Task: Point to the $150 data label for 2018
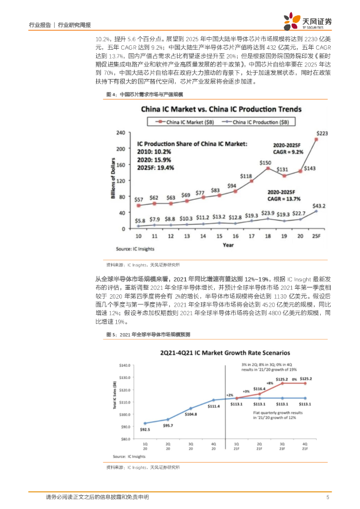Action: coord(266,163)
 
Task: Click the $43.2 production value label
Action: coord(318,205)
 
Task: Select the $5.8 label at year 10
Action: coord(141,220)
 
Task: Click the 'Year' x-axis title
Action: coord(228,245)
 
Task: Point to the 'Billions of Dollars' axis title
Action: coord(113,179)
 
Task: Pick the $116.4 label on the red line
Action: coord(259,389)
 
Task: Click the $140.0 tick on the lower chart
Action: coord(125,365)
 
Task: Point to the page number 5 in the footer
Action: coord(327,497)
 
